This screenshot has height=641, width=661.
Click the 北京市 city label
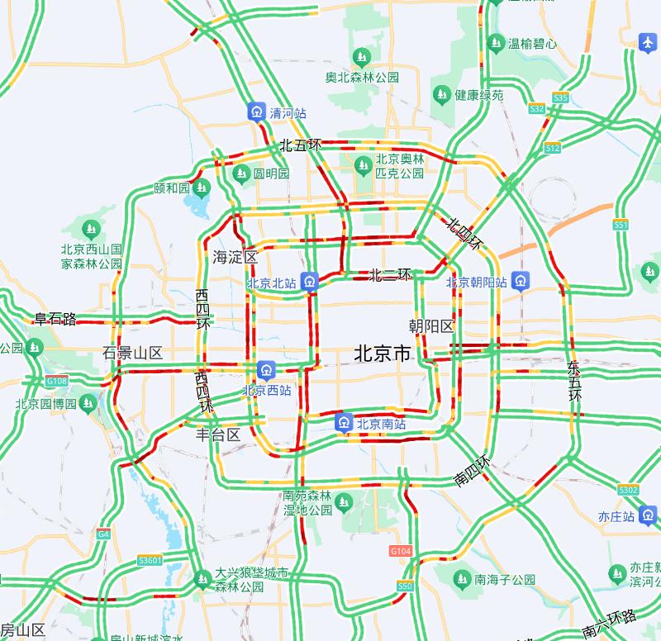point(382,354)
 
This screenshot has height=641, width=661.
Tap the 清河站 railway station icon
point(257,112)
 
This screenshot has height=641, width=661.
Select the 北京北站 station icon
point(309,282)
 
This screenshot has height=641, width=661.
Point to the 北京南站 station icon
point(344,424)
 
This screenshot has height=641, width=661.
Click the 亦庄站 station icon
point(648,516)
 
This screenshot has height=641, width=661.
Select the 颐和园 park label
point(173,188)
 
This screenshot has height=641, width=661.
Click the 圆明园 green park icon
point(241,173)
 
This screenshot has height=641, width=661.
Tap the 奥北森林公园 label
point(362,78)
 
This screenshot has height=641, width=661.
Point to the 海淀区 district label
point(235,257)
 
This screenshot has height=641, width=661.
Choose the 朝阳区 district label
point(432,326)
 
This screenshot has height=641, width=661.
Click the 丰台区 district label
point(218,434)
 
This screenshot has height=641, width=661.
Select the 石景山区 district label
point(132,353)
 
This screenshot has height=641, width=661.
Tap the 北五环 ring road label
point(300,145)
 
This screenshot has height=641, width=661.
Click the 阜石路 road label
point(55,319)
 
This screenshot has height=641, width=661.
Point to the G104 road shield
point(399,550)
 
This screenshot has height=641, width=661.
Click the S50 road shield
point(404,586)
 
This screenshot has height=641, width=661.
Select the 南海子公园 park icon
point(460,578)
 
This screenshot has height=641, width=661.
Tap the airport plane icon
point(648,42)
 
